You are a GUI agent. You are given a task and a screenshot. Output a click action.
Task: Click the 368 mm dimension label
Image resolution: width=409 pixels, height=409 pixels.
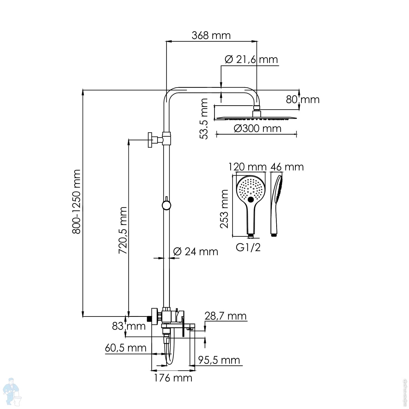click(211, 35)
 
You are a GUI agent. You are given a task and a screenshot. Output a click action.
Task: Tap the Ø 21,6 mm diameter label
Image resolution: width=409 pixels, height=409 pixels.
click(251, 59)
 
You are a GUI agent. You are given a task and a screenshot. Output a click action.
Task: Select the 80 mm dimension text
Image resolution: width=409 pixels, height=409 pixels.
click(303, 100)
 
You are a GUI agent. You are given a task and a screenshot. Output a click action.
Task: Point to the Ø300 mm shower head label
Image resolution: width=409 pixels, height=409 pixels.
click(257, 128)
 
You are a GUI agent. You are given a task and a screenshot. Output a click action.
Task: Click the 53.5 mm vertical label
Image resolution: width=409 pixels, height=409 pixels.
click(204, 119)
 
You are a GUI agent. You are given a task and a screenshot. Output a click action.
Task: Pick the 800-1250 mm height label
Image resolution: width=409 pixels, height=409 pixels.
click(76, 202)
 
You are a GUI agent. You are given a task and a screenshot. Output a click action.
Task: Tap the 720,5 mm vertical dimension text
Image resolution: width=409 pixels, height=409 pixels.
click(123, 230)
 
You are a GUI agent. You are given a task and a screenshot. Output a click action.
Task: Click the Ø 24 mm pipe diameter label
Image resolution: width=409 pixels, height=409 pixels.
click(196, 251)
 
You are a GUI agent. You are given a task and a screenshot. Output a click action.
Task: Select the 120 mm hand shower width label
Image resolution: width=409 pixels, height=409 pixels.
click(247, 167)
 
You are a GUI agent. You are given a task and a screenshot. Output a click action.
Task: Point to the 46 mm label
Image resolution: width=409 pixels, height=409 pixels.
click(287, 167)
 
